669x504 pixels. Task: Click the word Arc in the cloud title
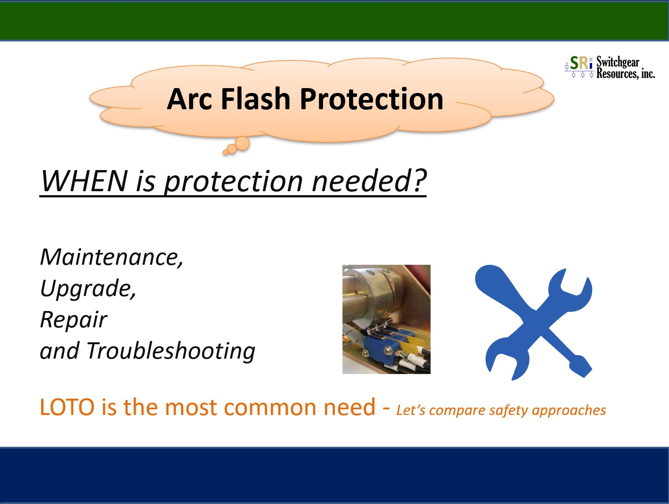189,99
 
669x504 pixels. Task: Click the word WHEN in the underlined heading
84,181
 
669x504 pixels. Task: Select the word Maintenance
111,258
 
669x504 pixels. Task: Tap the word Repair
74,320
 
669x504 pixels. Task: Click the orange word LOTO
67,407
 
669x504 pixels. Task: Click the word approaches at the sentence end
569,411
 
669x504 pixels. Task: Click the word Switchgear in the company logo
618,62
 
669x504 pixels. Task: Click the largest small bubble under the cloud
242,144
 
